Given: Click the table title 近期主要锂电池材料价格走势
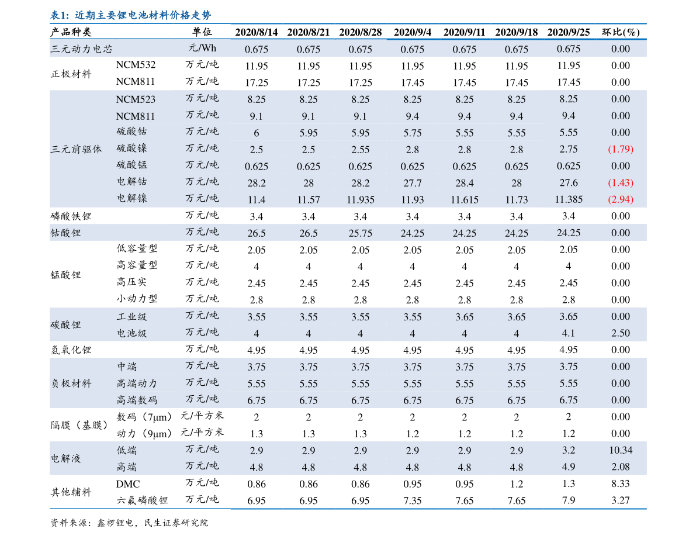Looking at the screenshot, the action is coord(143,15).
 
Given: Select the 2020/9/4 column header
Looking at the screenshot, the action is coord(413,32).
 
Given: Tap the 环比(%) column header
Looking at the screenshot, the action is coord(621,32).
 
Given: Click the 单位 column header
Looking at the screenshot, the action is coord(202,32).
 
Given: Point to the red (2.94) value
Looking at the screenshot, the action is coord(621,199).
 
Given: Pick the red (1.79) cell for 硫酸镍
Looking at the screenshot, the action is coord(621,149).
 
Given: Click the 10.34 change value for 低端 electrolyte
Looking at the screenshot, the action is coord(621,450).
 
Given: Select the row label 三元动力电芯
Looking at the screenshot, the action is coord(81,49).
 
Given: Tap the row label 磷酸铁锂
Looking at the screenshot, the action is coord(71,216).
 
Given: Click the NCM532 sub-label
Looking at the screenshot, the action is coord(136,65).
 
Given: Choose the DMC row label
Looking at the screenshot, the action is coord(128,484).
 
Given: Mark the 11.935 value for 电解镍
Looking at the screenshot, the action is coord(361,200).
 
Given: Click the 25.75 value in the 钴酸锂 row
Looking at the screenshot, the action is coord(361,233).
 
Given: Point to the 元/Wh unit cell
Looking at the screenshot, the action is coord(202,49).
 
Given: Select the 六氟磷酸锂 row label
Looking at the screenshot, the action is coord(142,500).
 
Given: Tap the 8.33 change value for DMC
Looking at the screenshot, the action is coord(621,483).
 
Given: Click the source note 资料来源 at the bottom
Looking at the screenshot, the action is coord(129,523).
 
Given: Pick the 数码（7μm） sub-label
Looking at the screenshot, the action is coord(144,417).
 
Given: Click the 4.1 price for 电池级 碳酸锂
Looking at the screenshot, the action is coord(569,333).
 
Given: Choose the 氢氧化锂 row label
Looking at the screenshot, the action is coord(71,350).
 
